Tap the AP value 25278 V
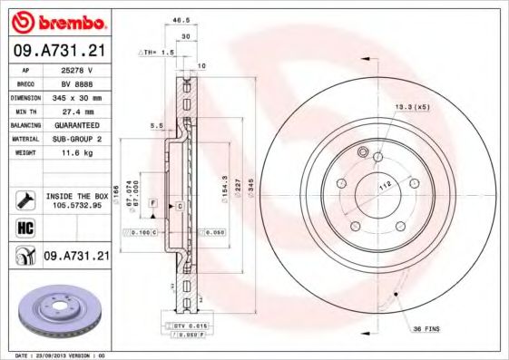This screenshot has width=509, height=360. point(76,69)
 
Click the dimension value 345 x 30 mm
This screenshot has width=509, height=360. point(76,97)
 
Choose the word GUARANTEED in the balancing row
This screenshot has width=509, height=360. point(76,125)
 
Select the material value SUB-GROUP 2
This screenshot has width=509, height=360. point(76,140)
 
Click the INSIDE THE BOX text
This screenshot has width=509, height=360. point(76,195)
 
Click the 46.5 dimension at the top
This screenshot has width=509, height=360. point(181,16)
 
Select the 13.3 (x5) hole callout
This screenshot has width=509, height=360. point(410,107)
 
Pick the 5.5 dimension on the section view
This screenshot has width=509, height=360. point(155,125)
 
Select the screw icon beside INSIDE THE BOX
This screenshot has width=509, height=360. point(25,199)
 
